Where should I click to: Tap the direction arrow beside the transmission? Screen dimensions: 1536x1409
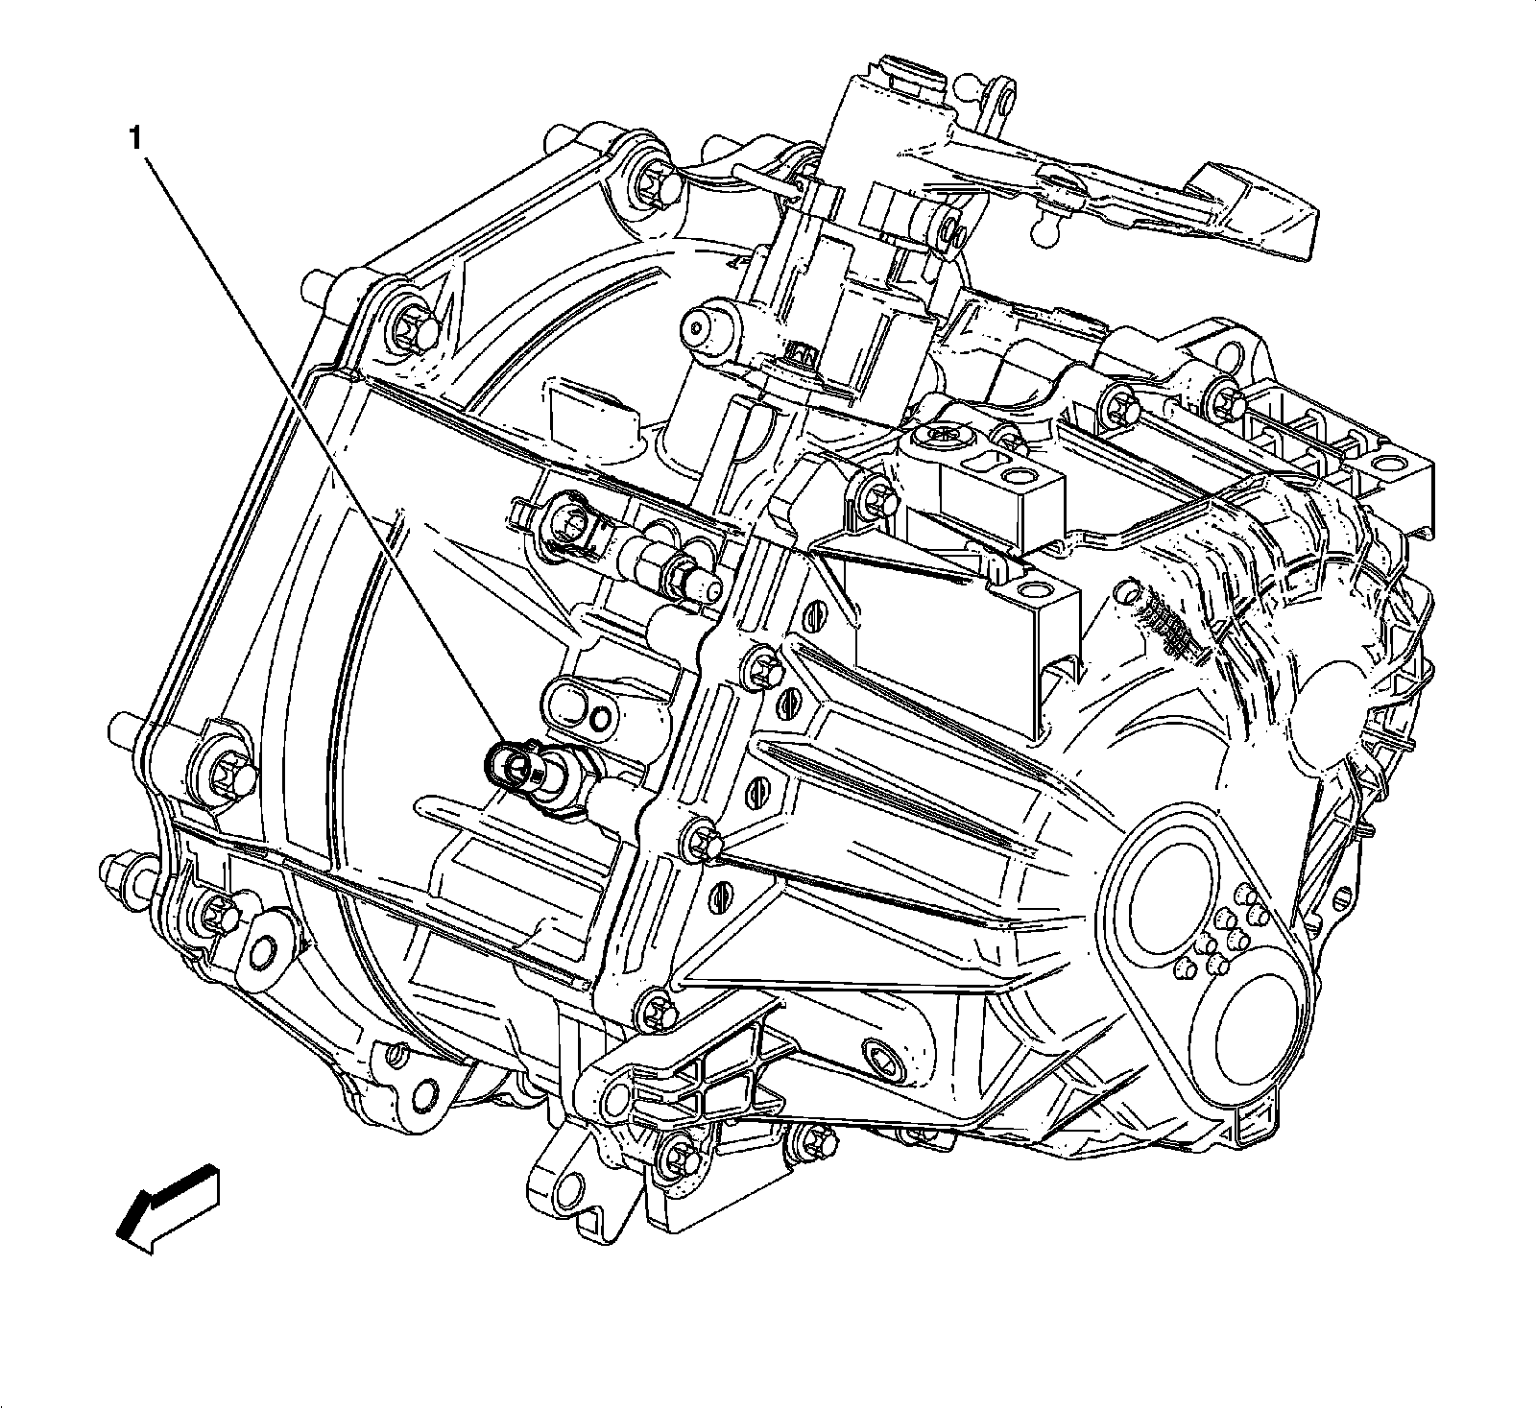tap(166, 1205)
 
